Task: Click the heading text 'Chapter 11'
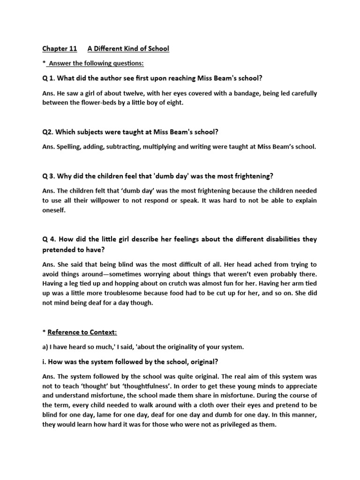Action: (59, 49)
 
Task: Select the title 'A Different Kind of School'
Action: (128, 49)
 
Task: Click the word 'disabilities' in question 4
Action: (278, 240)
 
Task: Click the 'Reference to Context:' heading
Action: (82, 332)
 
